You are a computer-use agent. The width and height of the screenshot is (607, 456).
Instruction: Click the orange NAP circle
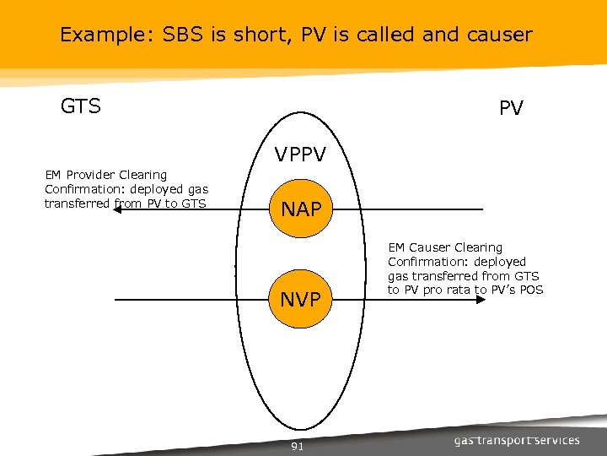[301, 209]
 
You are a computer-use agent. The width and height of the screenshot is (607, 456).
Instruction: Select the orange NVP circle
[301, 301]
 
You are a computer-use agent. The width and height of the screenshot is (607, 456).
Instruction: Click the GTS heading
[81, 106]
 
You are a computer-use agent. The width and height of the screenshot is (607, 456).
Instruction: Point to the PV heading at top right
[511, 109]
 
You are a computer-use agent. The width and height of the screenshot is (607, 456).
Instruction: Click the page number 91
[297, 447]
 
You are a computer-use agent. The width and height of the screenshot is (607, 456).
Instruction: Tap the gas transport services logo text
[517, 440]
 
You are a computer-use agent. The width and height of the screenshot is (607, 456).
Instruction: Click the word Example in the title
[97, 35]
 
